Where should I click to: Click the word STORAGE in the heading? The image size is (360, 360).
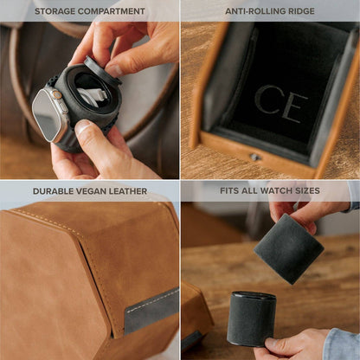click(55, 11)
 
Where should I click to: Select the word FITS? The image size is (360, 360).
click(230, 190)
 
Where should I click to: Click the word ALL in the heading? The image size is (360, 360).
click(251, 190)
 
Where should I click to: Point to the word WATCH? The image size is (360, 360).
click(278, 190)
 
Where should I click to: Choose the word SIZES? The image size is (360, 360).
click(306, 190)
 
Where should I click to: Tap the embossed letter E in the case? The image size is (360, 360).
click(293, 106)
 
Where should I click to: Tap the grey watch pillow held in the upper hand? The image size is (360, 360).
click(288, 248)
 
